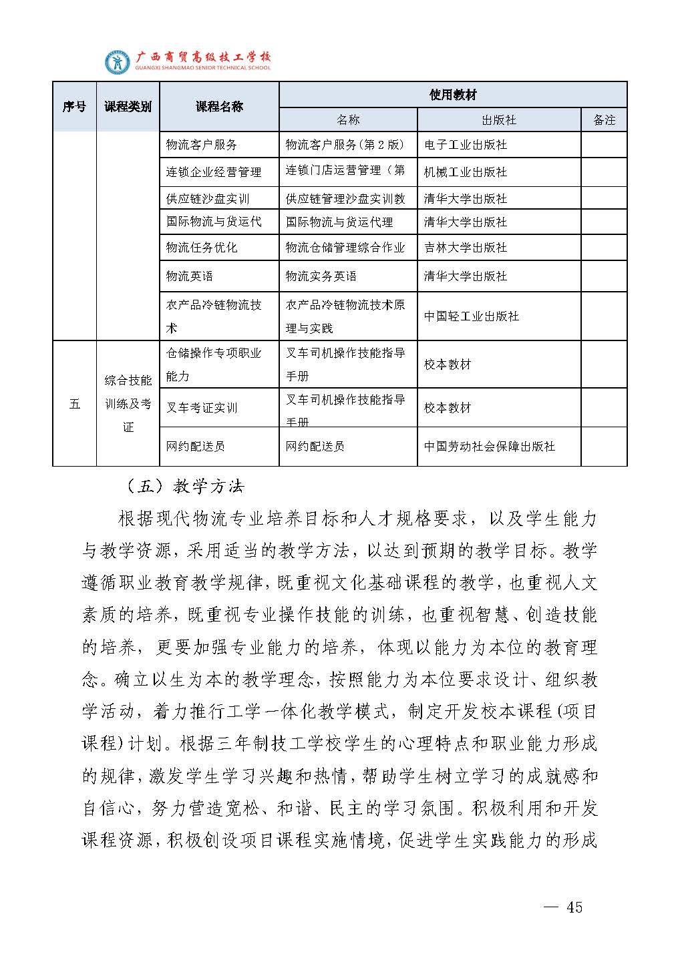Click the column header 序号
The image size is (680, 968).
[x=74, y=107]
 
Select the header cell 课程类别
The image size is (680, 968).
[x=128, y=107]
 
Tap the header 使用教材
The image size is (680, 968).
[x=452, y=95]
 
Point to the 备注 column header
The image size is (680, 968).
[x=604, y=120]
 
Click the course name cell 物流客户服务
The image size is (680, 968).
[x=202, y=145]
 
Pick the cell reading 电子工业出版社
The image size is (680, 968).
[x=466, y=145]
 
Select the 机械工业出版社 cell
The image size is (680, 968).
[x=466, y=172]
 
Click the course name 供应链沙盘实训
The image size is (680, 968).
[x=208, y=199]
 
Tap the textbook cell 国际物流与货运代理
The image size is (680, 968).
[x=339, y=222]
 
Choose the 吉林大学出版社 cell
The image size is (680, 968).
[x=466, y=248]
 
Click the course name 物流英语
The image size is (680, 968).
[x=190, y=276]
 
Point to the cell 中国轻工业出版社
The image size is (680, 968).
[x=472, y=316]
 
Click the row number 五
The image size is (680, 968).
[x=74, y=404]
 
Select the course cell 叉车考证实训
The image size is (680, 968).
[x=202, y=408]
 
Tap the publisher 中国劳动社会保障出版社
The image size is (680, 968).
[x=490, y=447]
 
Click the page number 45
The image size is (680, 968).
[x=574, y=907]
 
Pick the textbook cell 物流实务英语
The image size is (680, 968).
[x=321, y=276]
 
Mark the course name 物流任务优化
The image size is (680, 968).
[x=202, y=248]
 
